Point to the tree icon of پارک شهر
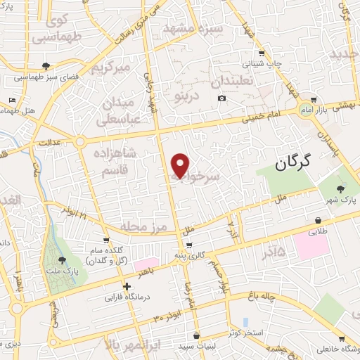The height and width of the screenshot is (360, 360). click(341, 188)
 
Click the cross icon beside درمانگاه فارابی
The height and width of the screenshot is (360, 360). click(127, 286)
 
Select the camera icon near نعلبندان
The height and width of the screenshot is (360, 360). click(222, 98)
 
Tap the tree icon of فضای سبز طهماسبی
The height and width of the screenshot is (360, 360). click(46, 66)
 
